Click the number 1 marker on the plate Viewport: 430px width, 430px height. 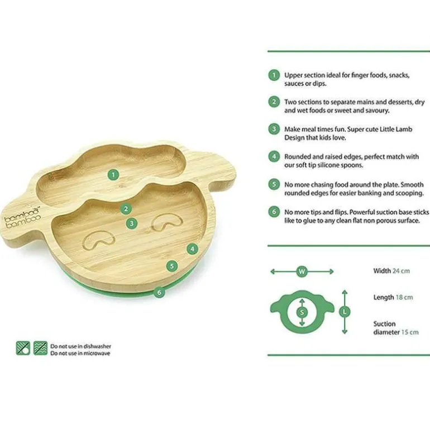(113, 175)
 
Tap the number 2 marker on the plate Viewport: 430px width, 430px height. (126, 209)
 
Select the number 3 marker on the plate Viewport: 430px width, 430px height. (132, 223)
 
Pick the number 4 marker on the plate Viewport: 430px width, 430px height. (193, 249)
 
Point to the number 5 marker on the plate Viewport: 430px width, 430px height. (172, 266)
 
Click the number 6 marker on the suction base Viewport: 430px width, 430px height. (159, 292)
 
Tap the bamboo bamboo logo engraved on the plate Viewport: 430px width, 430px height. (23, 218)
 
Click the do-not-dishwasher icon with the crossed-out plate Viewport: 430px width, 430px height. (23, 348)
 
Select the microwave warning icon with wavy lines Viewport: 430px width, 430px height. (40, 348)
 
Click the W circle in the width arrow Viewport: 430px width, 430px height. (302, 271)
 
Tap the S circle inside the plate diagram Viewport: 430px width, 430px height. (302, 312)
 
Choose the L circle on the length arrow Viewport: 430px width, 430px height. (345, 312)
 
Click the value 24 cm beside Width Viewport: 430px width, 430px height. (401, 271)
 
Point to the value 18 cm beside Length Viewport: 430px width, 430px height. (404, 297)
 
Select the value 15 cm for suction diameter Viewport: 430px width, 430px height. (410, 332)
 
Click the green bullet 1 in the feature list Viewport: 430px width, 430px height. (274, 75)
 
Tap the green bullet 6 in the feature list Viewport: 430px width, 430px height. (274, 212)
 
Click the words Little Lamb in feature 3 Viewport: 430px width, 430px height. (396, 129)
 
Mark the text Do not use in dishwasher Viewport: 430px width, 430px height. (80, 346)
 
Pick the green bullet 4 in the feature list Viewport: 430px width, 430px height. (274, 156)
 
